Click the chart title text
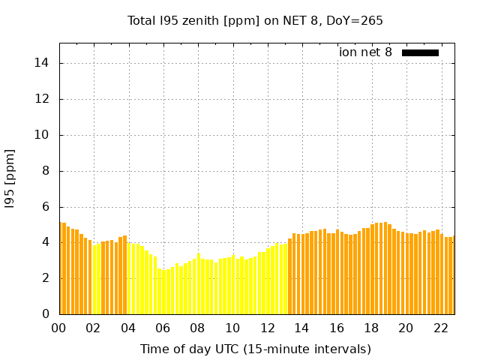[x=255, y=21]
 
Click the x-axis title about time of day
[x=256, y=349]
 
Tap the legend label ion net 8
[x=365, y=52]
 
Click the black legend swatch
[x=420, y=52]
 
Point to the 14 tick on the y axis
[x=43, y=63]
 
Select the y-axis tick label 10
[x=43, y=135]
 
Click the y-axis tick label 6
[x=46, y=207]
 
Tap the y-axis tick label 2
[x=46, y=278]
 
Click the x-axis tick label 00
[x=58, y=328]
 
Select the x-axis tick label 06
[x=163, y=328]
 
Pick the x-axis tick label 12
[x=267, y=328]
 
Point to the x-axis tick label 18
[x=371, y=328]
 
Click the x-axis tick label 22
[x=441, y=328]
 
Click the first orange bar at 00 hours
[x=61, y=268]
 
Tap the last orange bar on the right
[x=453, y=275]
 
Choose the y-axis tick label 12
[x=43, y=99]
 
